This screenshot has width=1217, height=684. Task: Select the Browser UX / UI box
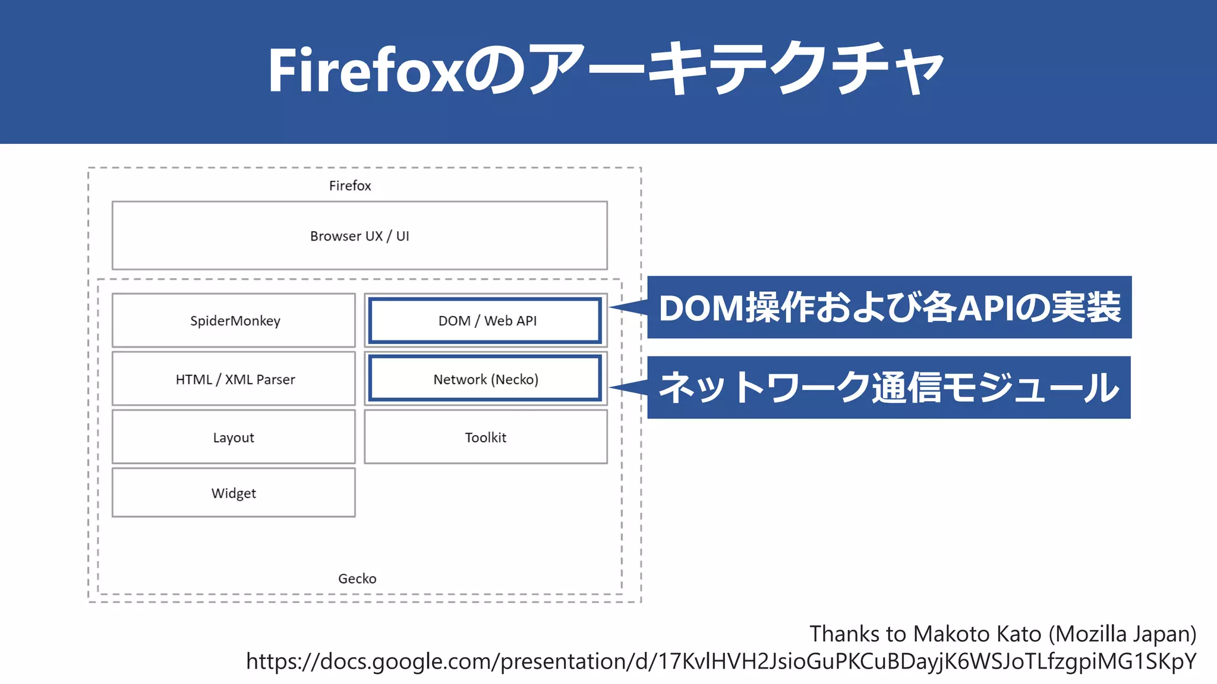coord(360,236)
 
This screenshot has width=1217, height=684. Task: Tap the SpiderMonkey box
coord(234,321)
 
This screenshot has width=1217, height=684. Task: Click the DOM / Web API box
coord(486,321)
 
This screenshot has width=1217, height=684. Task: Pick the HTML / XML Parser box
coord(234,379)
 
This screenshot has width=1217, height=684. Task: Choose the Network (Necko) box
coord(485,379)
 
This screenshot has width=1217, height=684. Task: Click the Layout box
coord(234,437)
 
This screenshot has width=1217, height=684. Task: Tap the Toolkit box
coord(485,437)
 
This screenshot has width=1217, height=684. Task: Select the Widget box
coord(234,493)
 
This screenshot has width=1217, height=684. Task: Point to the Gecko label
coord(357,578)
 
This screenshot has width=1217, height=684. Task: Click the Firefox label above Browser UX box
coord(350,185)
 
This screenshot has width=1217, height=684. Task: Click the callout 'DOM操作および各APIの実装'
coord(890,307)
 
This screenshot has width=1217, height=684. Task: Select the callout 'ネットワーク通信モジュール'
coord(889,387)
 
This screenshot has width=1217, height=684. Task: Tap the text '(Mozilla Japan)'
coord(1122,634)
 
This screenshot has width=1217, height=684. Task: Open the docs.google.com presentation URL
coord(721,661)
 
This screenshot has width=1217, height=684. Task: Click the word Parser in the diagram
coord(276,379)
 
